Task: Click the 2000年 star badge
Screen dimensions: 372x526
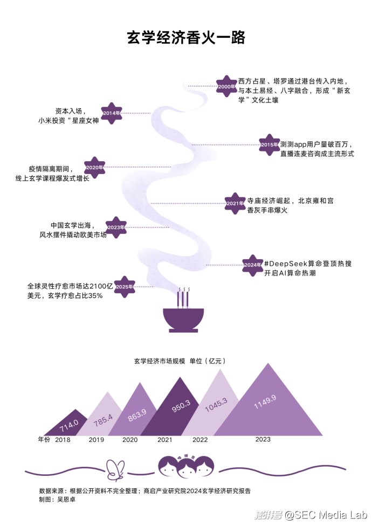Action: point(227,86)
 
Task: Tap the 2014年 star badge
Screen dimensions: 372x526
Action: point(112,113)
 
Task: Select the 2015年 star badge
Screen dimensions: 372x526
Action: point(270,144)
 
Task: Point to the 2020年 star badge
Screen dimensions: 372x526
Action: point(94,168)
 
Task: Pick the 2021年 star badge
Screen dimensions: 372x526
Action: point(235,203)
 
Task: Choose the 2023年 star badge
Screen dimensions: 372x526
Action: point(116,227)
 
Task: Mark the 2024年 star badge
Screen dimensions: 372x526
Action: point(253,265)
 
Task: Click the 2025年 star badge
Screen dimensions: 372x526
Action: point(125,287)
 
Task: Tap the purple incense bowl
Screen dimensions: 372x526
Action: point(183,320)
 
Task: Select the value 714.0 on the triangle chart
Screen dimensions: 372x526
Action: point(69,426)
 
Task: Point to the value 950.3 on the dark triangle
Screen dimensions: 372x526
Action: point(181,406)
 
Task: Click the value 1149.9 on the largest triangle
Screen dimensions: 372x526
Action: point(265,402)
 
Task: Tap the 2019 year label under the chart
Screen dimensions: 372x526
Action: point(97,440)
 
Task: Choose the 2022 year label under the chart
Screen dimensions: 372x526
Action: point(200,440)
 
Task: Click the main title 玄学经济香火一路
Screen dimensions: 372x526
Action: point(186,38)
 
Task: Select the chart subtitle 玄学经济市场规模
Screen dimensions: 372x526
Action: point(160,361)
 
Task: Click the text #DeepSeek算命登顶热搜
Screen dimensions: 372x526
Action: point(308,264)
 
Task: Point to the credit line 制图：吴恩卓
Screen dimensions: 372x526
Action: point(57,500)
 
